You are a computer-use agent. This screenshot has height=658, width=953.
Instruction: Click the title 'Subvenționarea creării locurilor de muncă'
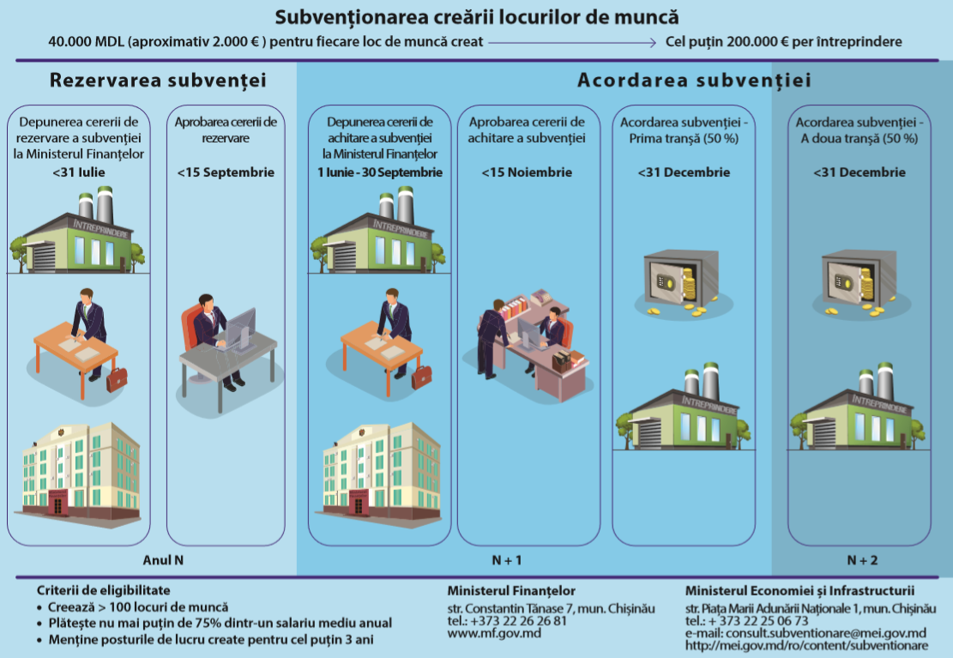(476, 16)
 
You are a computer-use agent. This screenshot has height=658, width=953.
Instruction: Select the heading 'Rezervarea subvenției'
(158, 81)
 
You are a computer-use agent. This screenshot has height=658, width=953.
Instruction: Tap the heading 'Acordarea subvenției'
(694, 81)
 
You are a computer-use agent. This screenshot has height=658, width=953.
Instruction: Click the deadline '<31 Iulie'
(79, 172)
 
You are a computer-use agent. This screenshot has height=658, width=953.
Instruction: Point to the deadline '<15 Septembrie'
(226, 172)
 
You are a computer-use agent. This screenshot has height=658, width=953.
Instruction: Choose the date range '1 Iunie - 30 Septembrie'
(379, 172)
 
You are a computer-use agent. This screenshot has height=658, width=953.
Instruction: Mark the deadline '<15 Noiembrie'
(528, 172)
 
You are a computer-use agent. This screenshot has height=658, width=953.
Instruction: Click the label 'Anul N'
(163, 561)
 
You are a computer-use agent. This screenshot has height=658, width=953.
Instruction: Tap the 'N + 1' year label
(506, 561)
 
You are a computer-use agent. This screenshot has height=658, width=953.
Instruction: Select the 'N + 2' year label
(862, 561)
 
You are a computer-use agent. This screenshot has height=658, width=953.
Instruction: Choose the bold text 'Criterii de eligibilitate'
(104, 591)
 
